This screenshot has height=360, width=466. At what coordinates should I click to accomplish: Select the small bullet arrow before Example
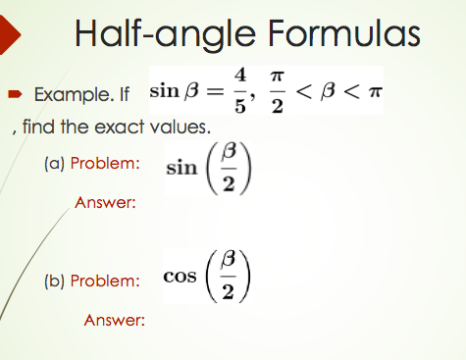click(17, 96)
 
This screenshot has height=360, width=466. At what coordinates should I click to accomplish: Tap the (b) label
click(52, 280)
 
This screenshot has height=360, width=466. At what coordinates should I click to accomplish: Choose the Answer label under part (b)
click(115, 320)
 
